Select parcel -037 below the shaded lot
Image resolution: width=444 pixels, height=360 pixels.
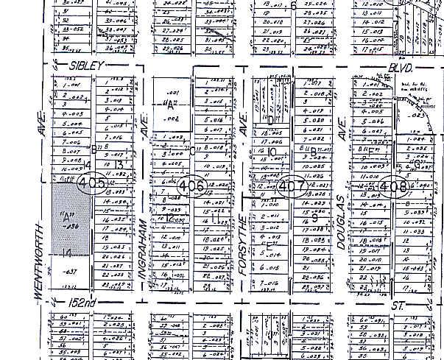[71, 272]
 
